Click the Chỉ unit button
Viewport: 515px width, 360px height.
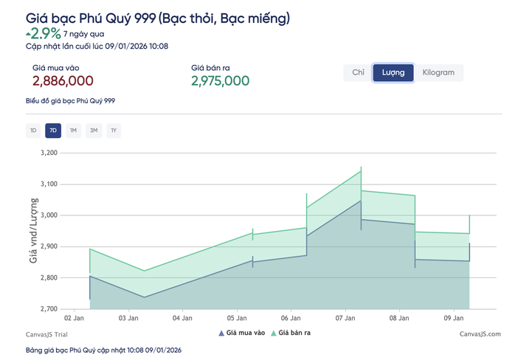tap(359, 72)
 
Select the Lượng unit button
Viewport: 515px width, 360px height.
tap(393, 72)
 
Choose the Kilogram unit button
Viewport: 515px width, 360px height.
tap(438, 72)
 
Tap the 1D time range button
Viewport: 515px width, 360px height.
tap(32, 131)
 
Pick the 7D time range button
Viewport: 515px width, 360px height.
tap(52, 131)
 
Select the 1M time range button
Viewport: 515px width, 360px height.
tap(73, 131)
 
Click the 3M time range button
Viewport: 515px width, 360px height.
tap(93, 131)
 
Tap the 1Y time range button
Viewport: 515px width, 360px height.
tap(114, 131)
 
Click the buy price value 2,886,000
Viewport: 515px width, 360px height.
tap(63, 81)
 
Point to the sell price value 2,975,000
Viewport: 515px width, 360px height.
tap(220, 81)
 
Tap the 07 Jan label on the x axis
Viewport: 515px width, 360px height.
tap(345, 319)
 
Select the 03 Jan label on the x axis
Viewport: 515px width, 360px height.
tap(128, 319)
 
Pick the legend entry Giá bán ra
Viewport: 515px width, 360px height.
tap(294, 333)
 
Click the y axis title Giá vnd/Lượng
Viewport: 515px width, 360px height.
tap(33, 230)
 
